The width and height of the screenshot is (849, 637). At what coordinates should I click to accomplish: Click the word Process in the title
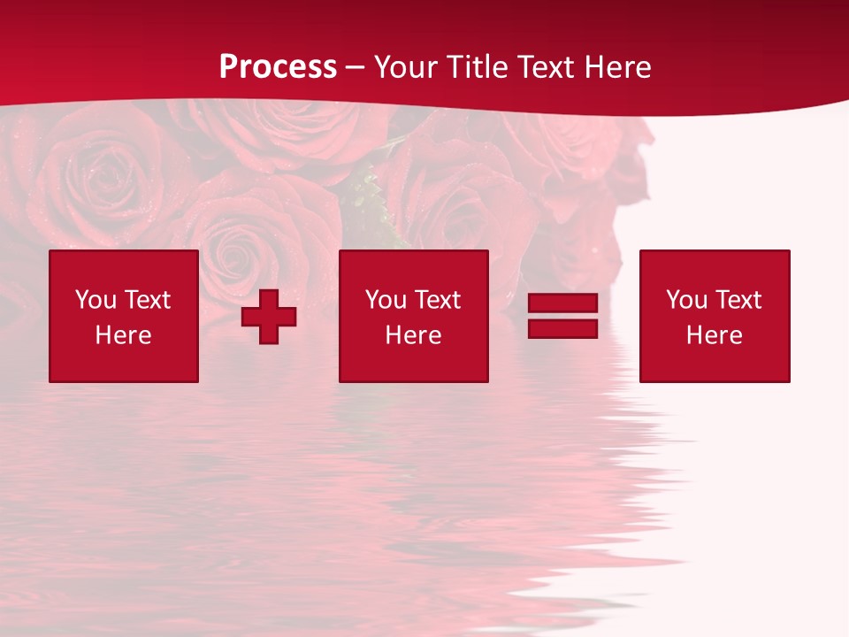tap(278, 67)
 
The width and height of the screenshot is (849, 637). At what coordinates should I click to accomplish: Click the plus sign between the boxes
tap(269, 316)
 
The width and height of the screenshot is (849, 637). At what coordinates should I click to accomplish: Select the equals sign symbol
tap(562, 316)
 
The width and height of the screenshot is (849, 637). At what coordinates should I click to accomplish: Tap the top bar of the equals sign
tap(562, 303)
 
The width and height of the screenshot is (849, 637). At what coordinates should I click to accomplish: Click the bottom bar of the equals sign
tap(562, 328)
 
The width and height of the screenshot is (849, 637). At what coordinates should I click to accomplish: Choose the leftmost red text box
tap(124, 316)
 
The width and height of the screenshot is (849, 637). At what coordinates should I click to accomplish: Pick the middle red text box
tap(413, 316)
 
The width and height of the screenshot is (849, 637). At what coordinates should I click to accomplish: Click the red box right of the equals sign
tap(715, 316)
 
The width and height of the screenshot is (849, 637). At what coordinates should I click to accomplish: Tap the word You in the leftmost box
tap(96, 300)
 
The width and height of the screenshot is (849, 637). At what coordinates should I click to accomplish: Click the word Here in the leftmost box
tap(124, 335)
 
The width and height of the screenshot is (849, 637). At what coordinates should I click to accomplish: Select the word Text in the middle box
tap(437, 300)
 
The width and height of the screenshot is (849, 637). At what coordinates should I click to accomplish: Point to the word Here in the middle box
tap(413, 335)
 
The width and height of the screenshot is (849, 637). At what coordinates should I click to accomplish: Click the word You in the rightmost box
tap(686, 300)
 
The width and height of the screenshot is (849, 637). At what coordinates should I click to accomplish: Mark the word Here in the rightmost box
tap(715, 335)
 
